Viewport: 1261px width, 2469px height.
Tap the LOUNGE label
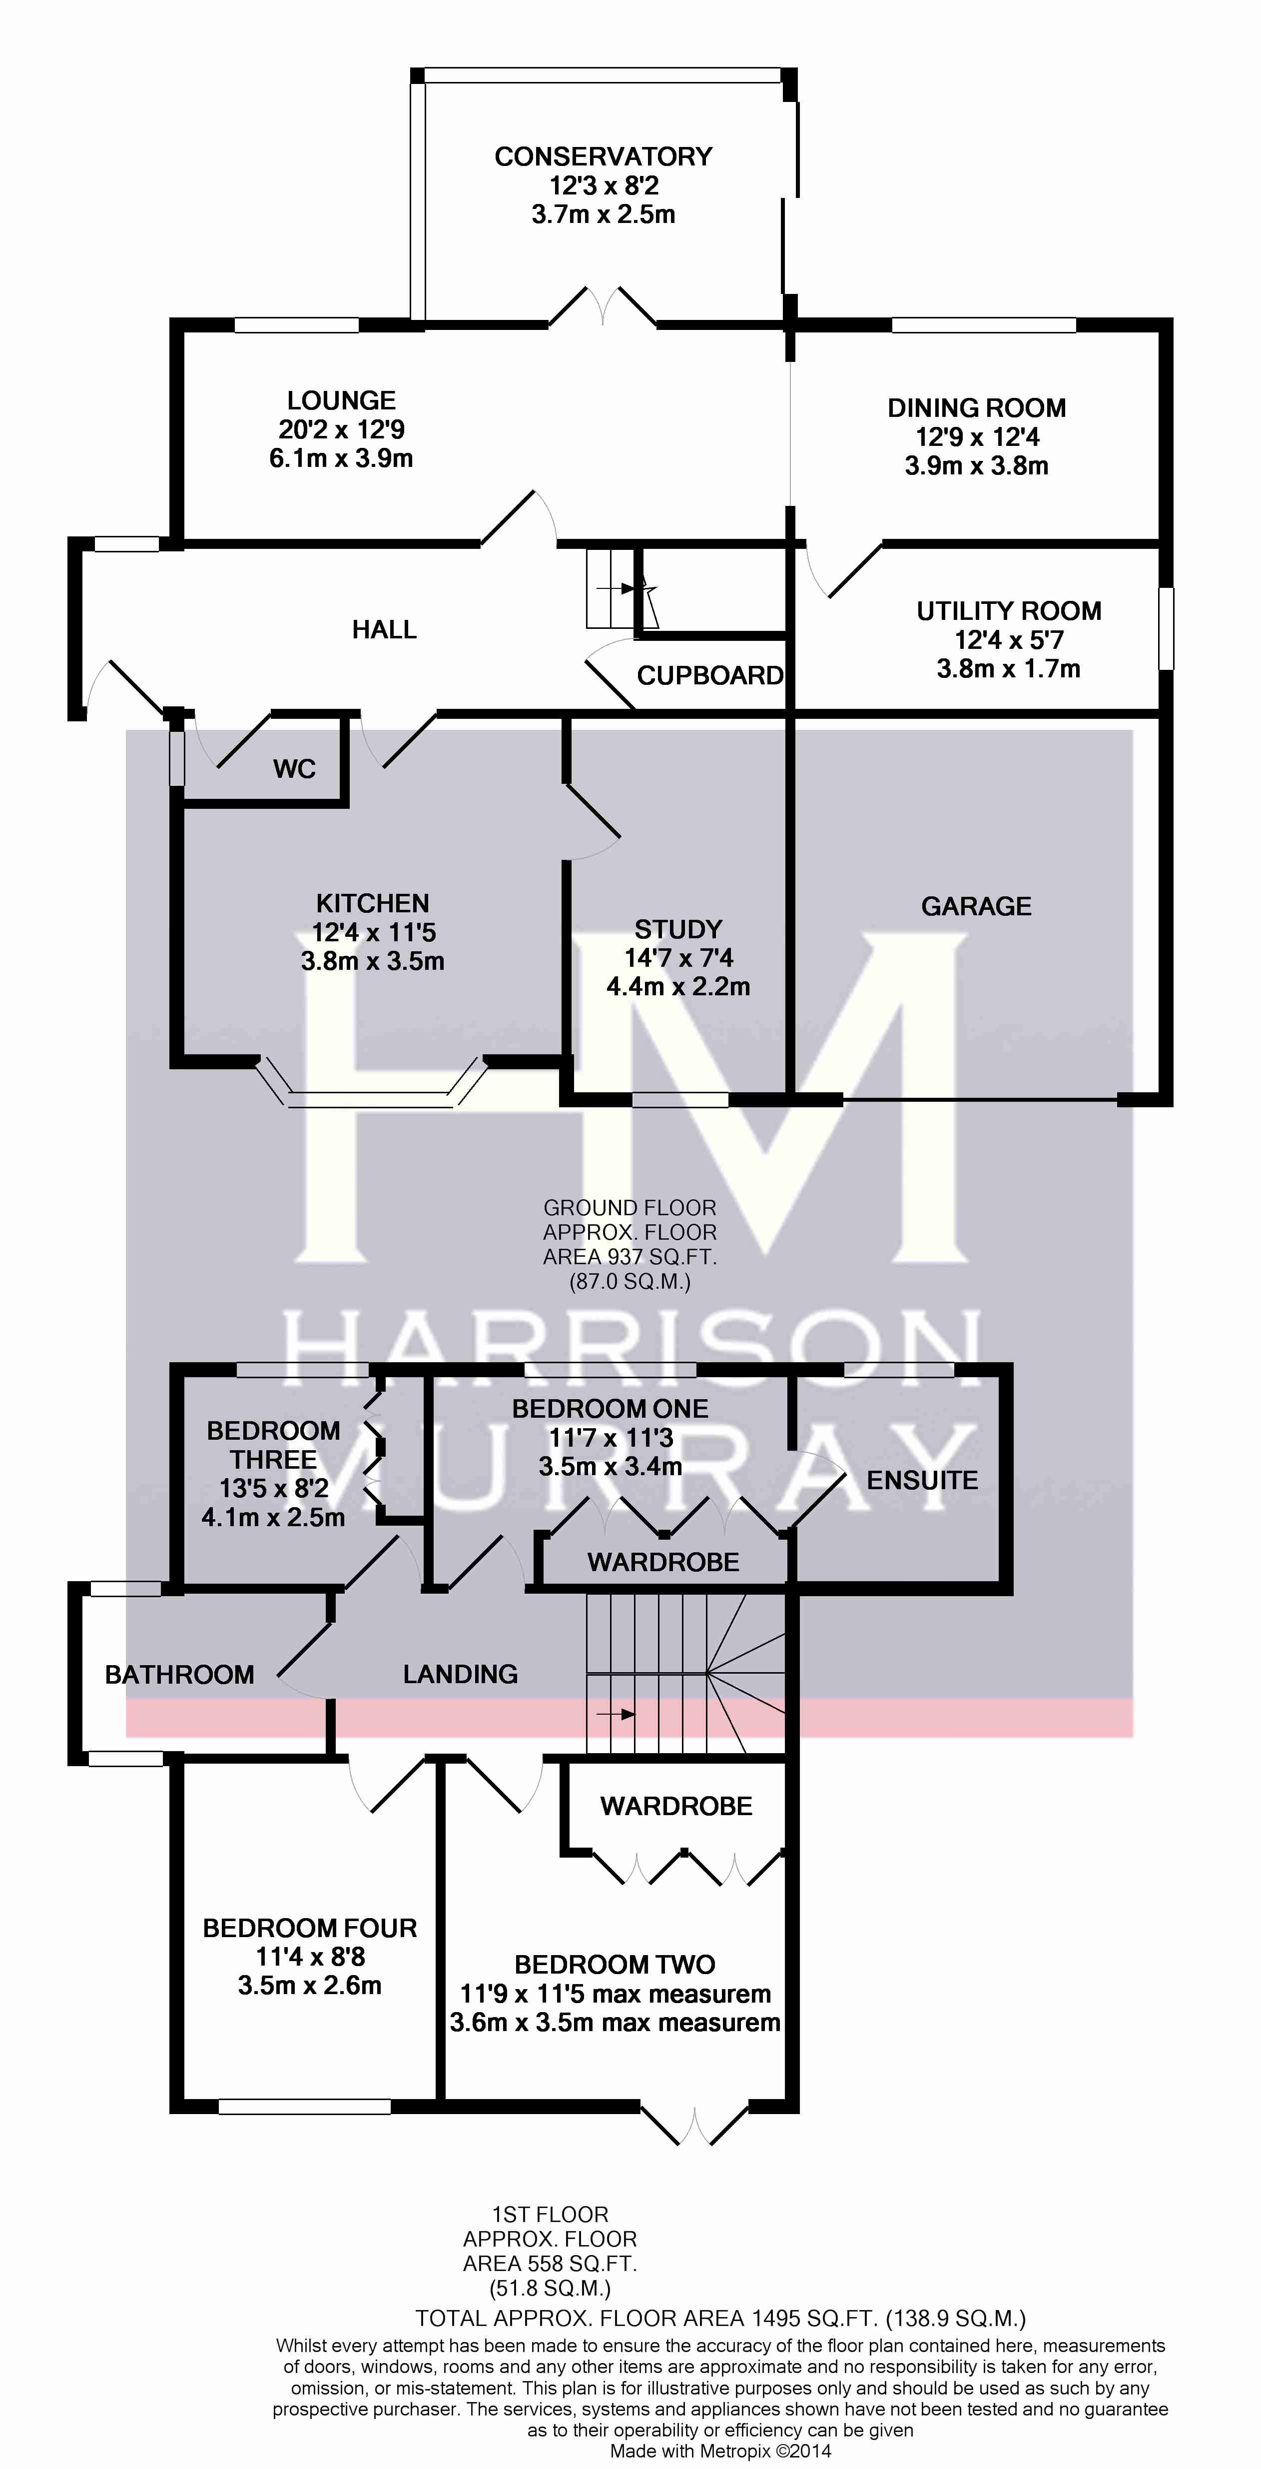tap(341, 400)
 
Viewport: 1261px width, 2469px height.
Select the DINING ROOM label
tap(976, 408)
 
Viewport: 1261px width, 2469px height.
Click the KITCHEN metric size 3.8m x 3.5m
tap(373, 961)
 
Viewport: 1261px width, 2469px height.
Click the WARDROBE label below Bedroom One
tap(663, 1562)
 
